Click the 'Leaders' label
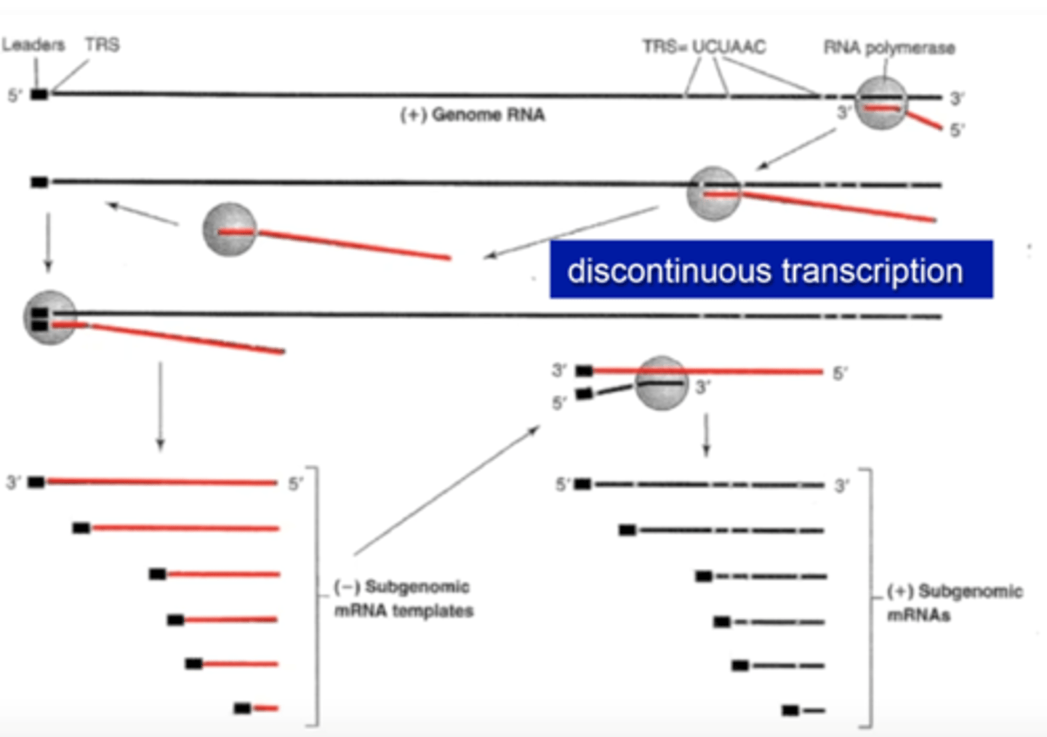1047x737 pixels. tap(33, 45)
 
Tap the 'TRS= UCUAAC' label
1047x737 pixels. tap(704, 47)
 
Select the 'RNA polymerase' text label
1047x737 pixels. tap(888, 48)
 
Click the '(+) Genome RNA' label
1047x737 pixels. tap(473, 115)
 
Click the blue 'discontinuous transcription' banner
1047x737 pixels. tap(771, 270)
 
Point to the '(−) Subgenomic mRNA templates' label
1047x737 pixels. tap(404, 599)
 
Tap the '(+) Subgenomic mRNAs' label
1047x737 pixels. tap(954, 602)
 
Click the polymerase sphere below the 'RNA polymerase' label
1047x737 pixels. tap(881, 103)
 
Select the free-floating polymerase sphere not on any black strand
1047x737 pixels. tap(230, 229)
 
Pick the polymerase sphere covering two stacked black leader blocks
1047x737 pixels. tap(49, 317)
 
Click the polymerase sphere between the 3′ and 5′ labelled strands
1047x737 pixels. tap(661, 383)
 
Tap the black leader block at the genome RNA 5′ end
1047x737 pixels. tap(39, 95)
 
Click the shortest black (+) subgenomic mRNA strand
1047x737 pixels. tap(814, 710)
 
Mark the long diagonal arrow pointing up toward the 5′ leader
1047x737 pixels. tap(446, 492)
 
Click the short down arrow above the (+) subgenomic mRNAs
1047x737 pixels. tap(705, 435)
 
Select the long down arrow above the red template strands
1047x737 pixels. tap(160, 406)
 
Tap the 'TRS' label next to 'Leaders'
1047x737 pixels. tap(102, 45)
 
